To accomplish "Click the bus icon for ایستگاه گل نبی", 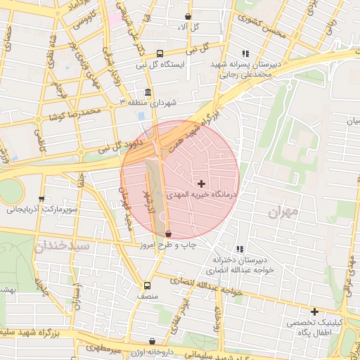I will click(160, 53).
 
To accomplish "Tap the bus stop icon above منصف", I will click(147, 285).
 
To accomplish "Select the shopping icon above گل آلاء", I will click(188, 16).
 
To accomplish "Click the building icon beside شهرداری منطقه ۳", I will click(147, 93).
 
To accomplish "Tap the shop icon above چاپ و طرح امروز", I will click(167, 234).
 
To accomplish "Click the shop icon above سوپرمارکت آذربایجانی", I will click(41, 199).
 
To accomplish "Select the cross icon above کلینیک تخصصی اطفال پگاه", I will click(314, 311).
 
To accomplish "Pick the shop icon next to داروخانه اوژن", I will click(153, 342).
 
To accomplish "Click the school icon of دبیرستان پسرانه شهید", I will click(245, 53).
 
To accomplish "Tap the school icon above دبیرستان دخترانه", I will click(240, 249).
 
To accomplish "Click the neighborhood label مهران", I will click(283, 210).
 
